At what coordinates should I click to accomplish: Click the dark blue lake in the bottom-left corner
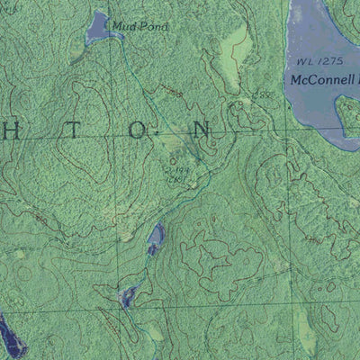click(9, 335)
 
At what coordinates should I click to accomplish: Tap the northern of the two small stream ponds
click(156, 238)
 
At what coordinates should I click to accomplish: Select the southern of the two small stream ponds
click(128, 295)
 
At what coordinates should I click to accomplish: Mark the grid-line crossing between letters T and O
click(112, 136)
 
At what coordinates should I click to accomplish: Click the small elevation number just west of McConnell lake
click(262, 94)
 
